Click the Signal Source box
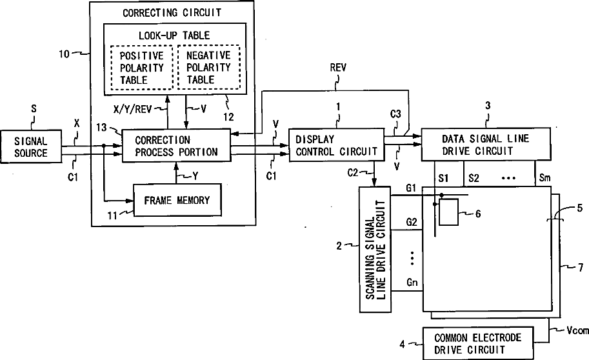coord(31,146)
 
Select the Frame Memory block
coord(177,200)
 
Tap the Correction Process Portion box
coord(176,145)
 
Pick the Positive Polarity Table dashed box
coord(142,68)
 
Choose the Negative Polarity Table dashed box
coord(208,67)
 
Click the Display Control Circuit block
coord(337,145)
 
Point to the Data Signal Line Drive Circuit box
coord(486,145)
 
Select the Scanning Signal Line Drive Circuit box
coord(375,250)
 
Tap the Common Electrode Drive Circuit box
coord(478,343)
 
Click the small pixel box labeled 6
coord(448,212)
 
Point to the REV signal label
coord(338,68)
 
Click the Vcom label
coord(577,331)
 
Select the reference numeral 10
coord(65,54)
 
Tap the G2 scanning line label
coord(412,222)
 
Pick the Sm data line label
coord(544,177)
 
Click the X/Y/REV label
coord(133,109)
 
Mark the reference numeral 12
coord(228,117)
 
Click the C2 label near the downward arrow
coord(353,173)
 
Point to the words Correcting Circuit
coord(172,13)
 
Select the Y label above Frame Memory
coord(195,176)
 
